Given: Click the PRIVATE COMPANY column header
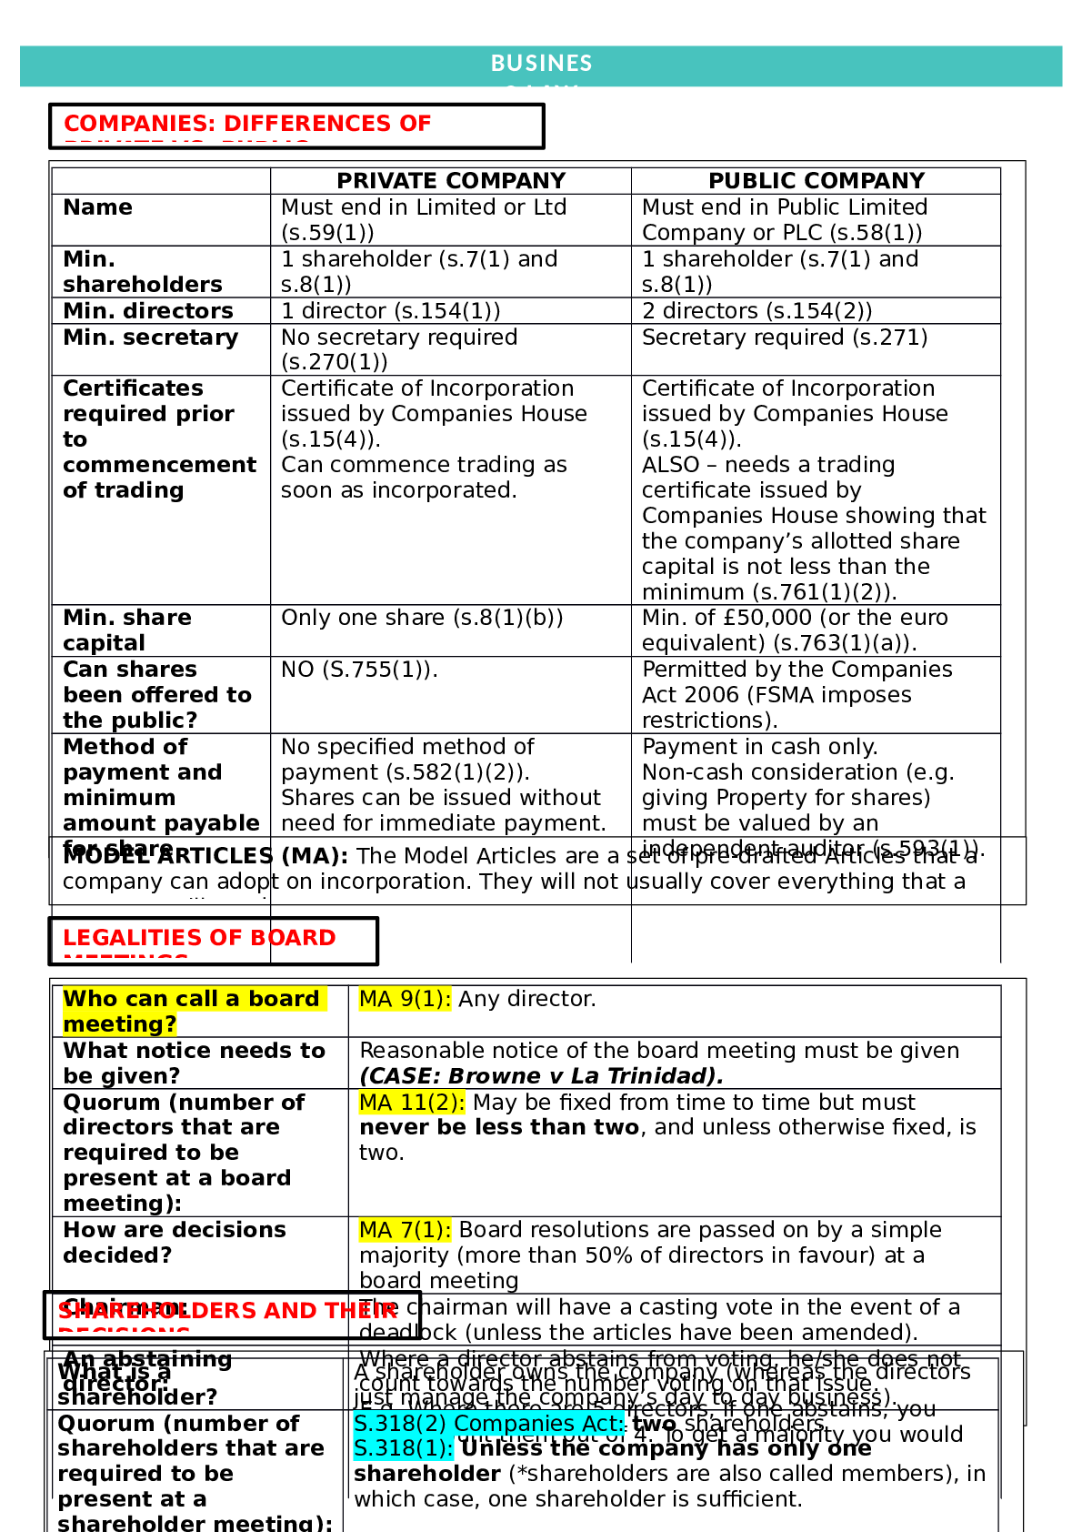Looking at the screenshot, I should pos(451,181).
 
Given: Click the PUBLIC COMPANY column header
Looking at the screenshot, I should pos(816,181).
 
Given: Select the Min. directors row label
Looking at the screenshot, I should pos(148,311).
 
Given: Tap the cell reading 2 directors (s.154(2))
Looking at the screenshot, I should pos(756,311).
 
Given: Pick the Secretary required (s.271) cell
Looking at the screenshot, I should pos(785,338).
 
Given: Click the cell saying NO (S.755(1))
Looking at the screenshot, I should pos(359,670).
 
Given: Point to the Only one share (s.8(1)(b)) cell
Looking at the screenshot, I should pos(422,618).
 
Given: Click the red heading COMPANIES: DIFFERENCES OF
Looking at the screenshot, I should pos(247,124).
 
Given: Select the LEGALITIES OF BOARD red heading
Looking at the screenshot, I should pos(199,938).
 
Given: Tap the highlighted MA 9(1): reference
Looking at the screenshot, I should pos(405,999).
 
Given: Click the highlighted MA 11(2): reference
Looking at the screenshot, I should pos(412,1103).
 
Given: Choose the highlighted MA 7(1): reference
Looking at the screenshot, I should pos(405,1230).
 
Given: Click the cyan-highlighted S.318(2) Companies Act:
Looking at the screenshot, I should pos(488,1424).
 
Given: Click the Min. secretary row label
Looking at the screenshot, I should pos(151,338).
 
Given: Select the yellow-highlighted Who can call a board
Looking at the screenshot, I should pos(191,999).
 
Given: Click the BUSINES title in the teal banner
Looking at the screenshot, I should pos(541,64).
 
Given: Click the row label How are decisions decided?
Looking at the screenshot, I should pos(175,1243).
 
